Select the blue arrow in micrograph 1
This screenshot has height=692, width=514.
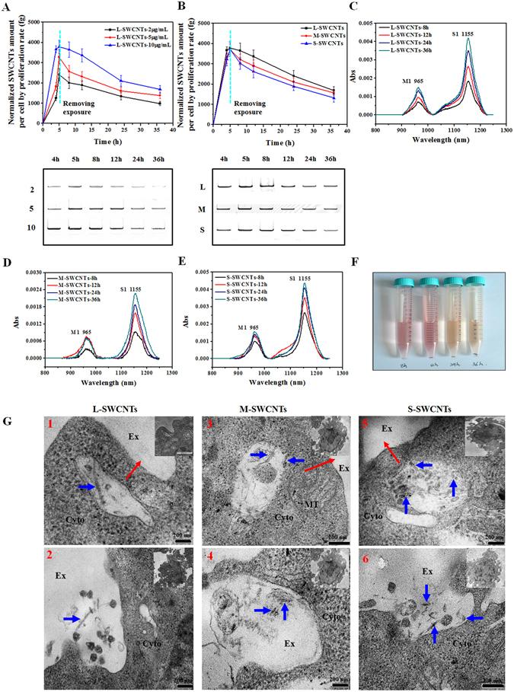(85, 486)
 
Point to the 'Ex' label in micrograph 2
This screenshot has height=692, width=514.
(59, 586)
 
